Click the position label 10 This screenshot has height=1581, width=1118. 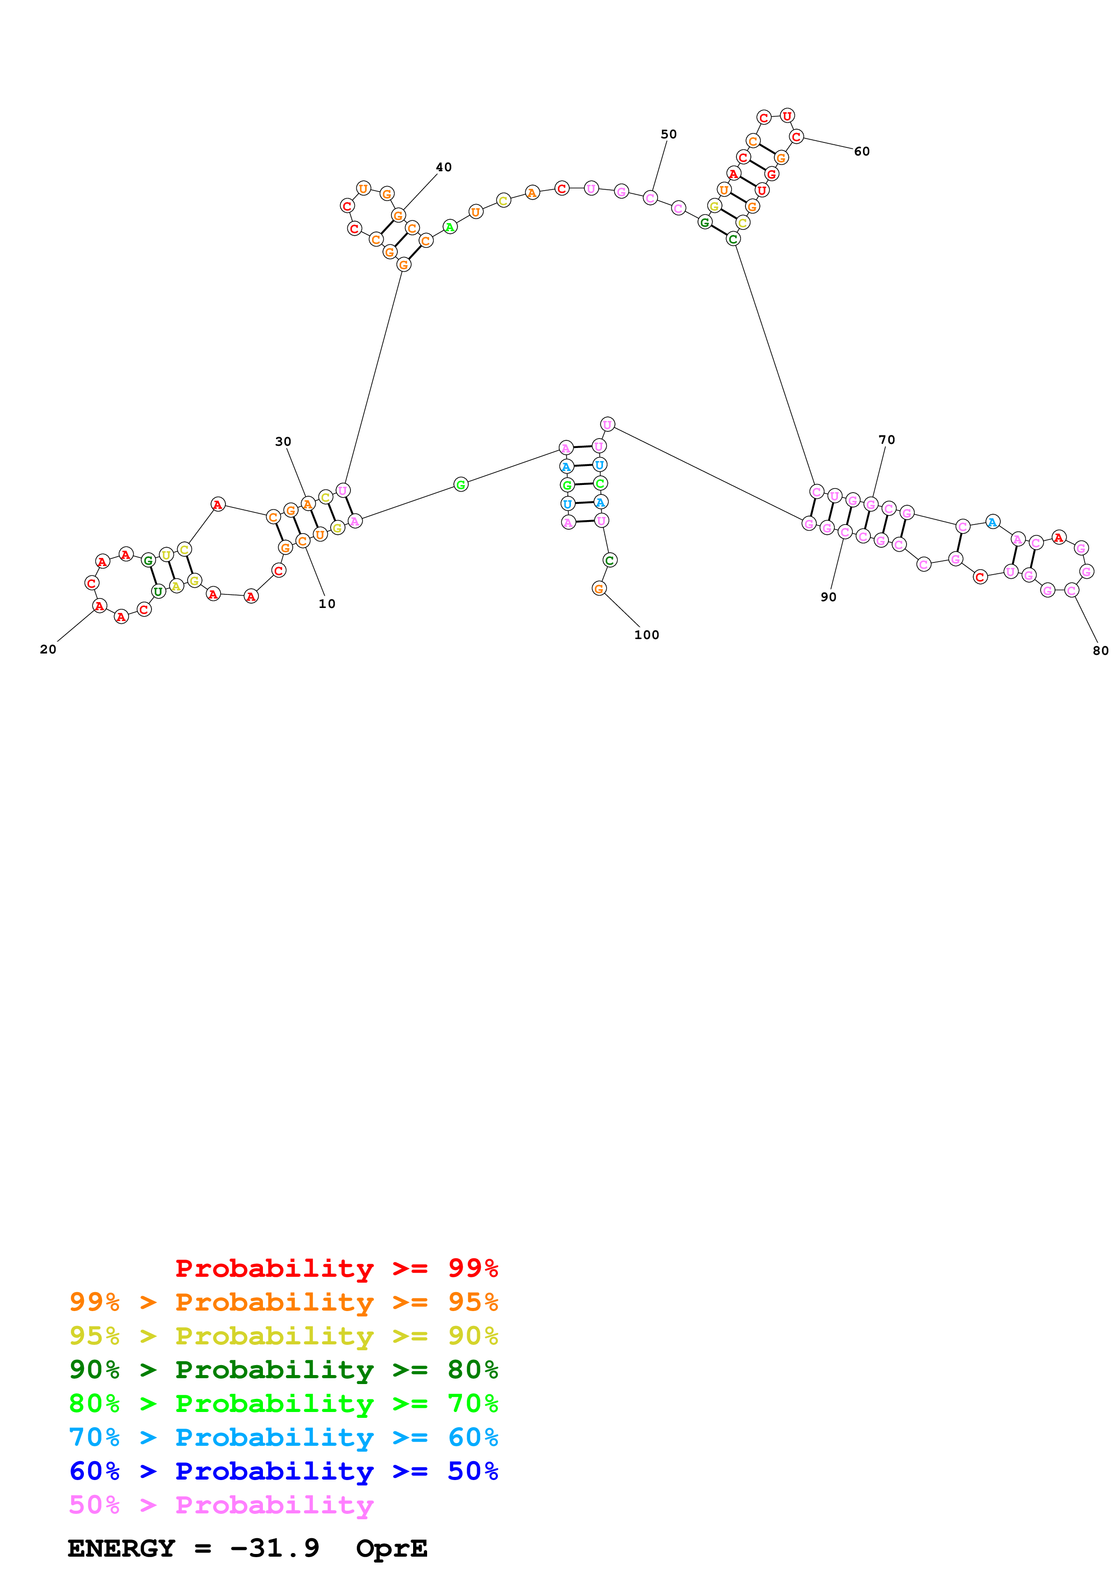pos(327,604)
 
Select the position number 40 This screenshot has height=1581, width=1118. pos(444,167)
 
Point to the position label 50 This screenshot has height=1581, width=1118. pos(668,134)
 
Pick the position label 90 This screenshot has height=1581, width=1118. pos(828,597)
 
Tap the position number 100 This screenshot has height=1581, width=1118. pos(646,635)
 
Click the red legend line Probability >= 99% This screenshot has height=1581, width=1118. pos(336,1268)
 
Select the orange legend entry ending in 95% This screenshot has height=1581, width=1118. pos(283,1302)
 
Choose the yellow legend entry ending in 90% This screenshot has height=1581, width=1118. pos(283,1335)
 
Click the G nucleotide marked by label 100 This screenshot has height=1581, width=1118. pos(598,588)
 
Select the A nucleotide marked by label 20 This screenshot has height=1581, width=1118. pos(99,606)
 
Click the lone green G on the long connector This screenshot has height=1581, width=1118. pos(461,485)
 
